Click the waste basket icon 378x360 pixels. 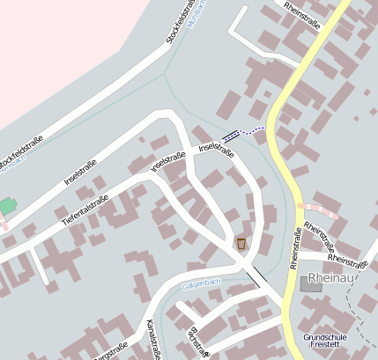tap(241, 243)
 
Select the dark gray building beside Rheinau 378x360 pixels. tap(311, 283)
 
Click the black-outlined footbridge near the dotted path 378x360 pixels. tap(232, 135)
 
